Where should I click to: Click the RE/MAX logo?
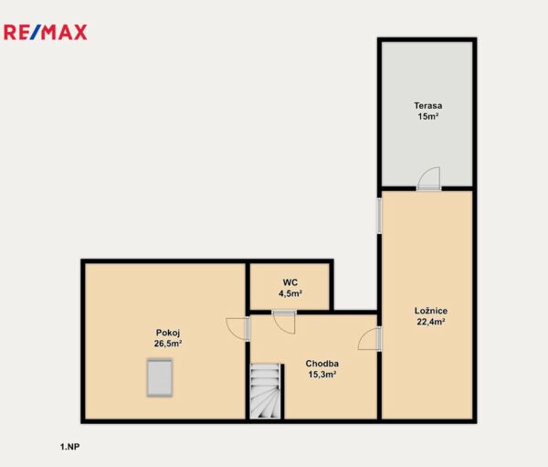pos(46,32)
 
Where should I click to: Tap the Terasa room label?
pos(427,105)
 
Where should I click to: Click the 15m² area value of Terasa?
pos(428,116)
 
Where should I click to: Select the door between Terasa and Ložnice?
pos(429,179)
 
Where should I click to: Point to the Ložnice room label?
pos(431,311)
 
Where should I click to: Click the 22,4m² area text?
pos(430,322)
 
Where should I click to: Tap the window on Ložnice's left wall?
pos(379,216)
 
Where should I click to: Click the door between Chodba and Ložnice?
pos(370,339)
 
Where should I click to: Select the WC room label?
pos(290,282)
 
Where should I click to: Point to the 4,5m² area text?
pos(290,293)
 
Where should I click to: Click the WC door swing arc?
pos(284,323)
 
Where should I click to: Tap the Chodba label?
pos(321,364)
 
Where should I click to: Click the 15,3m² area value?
pos(321,375)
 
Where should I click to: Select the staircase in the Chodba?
pos(265,391)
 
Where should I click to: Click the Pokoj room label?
pos(168,333)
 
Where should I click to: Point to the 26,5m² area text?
pos(168,344)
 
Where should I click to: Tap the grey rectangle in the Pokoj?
pos(160,377)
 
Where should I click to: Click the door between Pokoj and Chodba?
pos(238,329)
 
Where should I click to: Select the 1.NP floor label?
pos(69,447)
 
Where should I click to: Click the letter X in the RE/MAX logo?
pos(79,32)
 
